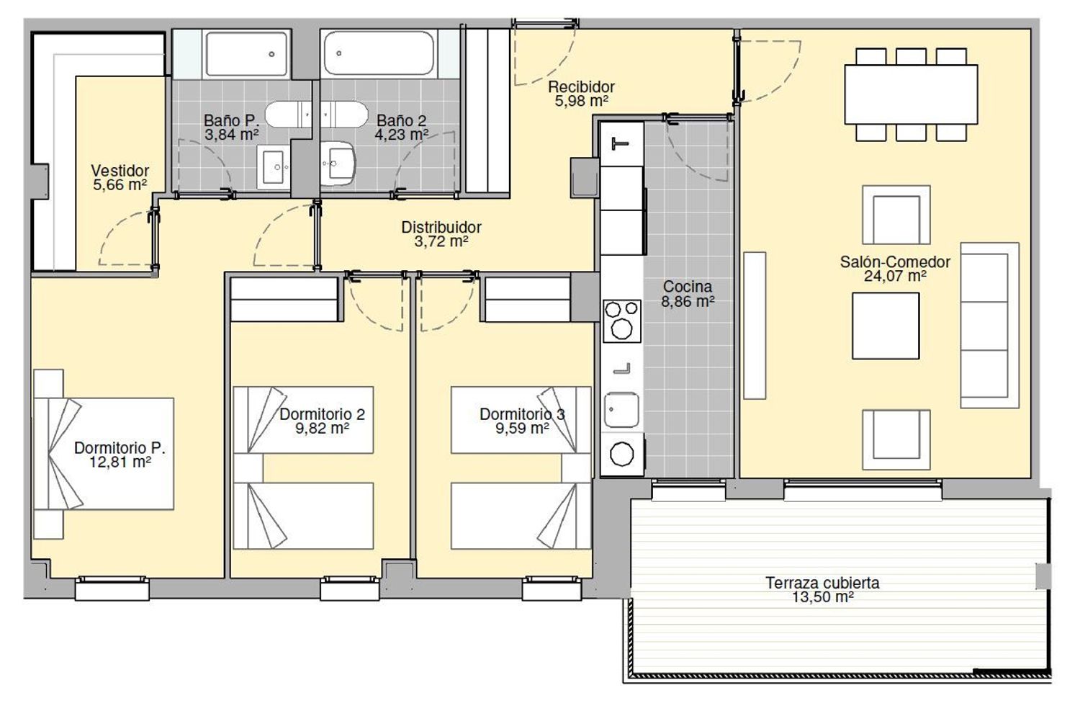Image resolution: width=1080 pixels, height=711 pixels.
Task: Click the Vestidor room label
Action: pyautogui.click(x=120, y=171)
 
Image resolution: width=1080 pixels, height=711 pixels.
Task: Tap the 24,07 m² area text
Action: pyautogui.click(x=895, y=277)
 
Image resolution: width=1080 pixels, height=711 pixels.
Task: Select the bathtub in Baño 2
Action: pyautogui.click(x=379, y=53)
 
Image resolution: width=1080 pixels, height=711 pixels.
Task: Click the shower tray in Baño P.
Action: pyautogui.click(x=246, y=54)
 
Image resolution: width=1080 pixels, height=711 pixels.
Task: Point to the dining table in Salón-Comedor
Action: pyautogui.click(x=911, y=94)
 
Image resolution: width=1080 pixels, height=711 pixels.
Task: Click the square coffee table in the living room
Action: pyautogui.click(x=886, y=326)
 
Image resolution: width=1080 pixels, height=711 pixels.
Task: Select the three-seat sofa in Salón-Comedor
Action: pyautogui.click(x=989, y=325)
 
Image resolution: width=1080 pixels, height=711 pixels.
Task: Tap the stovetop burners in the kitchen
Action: pyautogui.click(x=622, y=321)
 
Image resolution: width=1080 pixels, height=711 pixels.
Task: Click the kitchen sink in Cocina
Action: pyautogui.click(x=621, y=410)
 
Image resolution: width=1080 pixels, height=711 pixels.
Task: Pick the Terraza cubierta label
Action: pyautogui.click(x=822, y=583)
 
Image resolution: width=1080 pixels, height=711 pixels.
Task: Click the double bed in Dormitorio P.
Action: pyautogui.click(x=104, y=453)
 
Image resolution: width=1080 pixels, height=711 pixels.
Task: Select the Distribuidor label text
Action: pyautogui.click(x=441, y=227)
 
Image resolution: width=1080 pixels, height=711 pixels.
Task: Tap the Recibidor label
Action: pyautogui.click(x=581, y=87)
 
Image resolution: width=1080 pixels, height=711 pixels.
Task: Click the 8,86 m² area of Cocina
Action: pyautogui.click(x=688, y=302)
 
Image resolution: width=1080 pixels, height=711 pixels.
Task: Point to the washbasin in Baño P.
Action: pyautogui.click(x=274, y=167)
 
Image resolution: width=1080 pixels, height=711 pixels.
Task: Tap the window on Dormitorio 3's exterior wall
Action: pyautogui.click(x=552, y=588)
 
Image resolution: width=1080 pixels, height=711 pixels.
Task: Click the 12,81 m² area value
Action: pyautogui.click(x=120, y=462)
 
